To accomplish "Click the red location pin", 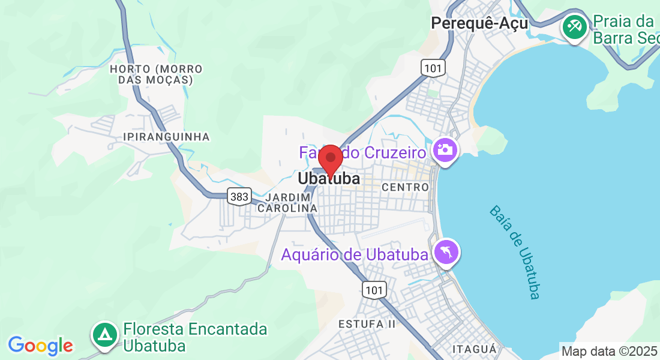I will pyautogui.click(x=330, y=159).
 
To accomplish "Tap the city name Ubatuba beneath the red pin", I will pyautogui.click(x=329, y=179).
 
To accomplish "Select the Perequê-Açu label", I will pyautogui.click(x=479, y=23).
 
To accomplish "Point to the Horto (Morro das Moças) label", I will pyautogui.click(x=156, y=74).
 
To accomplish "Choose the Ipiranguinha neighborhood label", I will pyautogui.click(x=166, y=137).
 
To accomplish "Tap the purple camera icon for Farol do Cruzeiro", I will pyautogui.click(x=445, y=149).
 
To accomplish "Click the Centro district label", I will pyautogui.click(x=406, y=187).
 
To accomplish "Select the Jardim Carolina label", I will pyautogui.click(x=287, y=202).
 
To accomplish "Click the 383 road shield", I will pyautogui.click(x=239, y=196).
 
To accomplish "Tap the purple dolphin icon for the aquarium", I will pyautogui.click(x=446, y=252).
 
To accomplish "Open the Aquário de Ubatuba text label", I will pyautogui.click(x=355, y=254).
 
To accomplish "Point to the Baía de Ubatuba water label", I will pyautogui.click(x=515, y=252).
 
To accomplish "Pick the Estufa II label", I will pyautogui.click(x=367, y=325).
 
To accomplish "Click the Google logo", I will pyautogui.click(x=40, y=346).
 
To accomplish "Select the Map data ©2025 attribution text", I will pyautogui.click(x=609, y=351).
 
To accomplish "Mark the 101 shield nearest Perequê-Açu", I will pyautogui.click(x=432, y=68).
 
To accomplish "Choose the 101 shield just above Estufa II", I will pyautogui.click(x=374, y=290).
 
